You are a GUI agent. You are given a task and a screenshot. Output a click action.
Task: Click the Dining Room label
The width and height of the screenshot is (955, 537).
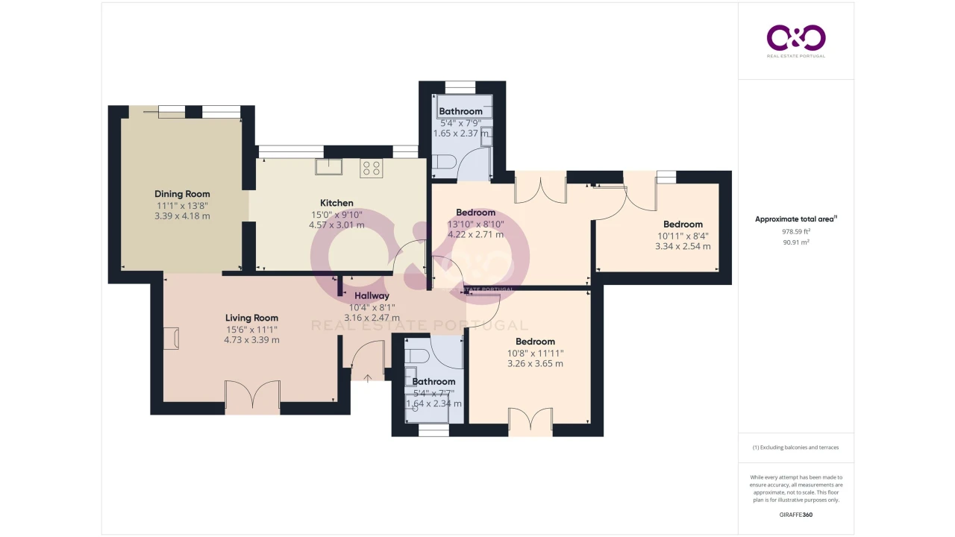[182, 194]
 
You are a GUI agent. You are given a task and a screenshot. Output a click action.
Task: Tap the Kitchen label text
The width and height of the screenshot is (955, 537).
[336, 203]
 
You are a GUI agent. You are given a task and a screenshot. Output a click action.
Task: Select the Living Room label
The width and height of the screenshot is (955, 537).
[251, 318]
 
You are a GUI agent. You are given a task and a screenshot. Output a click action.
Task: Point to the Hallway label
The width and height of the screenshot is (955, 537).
[372, 296]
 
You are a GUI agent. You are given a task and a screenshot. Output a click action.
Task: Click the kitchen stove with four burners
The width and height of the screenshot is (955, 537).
[371, 168]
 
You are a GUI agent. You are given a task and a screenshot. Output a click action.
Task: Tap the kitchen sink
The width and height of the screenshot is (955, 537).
[328, 166]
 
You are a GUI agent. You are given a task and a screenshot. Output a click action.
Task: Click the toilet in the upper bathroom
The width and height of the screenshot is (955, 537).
[444, 162]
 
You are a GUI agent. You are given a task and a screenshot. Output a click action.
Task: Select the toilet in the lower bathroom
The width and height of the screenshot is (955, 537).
[416, 356]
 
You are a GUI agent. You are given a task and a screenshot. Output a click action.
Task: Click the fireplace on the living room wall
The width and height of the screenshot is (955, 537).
[171, 339]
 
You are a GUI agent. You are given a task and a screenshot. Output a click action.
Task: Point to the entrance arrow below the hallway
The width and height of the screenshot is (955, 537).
[368, 378]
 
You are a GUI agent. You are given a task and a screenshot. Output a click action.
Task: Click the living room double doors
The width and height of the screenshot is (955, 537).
[252, 395]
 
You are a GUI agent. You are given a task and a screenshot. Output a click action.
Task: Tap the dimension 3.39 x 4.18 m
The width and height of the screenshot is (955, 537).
[182, 216]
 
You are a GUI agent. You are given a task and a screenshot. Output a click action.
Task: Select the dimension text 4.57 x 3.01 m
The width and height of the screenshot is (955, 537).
[336, 225]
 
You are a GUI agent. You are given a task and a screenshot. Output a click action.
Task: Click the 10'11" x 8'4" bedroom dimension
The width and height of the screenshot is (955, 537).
[683, 236]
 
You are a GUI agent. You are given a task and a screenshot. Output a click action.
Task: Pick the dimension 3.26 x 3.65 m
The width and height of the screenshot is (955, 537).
[535, 363]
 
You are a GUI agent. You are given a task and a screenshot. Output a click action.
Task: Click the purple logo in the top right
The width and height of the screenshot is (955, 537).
[796, 38]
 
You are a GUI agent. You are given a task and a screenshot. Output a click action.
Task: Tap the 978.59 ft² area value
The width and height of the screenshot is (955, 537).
[796, 231]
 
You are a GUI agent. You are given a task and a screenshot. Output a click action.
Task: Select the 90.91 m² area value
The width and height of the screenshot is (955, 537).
[796, 242]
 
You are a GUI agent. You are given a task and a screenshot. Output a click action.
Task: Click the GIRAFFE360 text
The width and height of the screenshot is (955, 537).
[796, 515]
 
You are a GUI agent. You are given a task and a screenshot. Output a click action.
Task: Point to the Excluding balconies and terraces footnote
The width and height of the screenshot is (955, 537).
[795, 447]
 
